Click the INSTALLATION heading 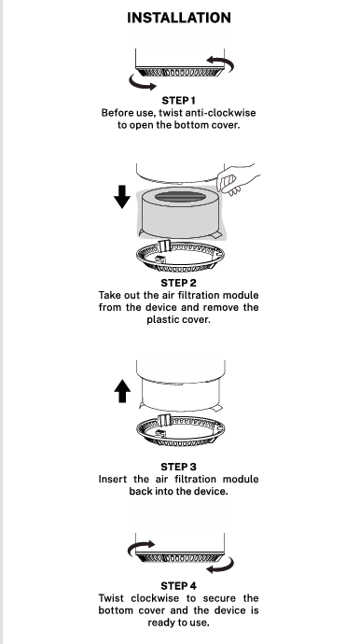pyautogui.click(x=179, y=18)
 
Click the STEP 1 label pyautogui.click(x=178, y=101)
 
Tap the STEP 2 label pyautogui.click(x=178, y=283)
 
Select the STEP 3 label pyautogui.click(x=178, y=467)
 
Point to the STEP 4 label pyautogui.click(x=178, y=586)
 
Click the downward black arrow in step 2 pyautogui.click(x=122, y=197)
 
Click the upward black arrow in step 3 pyautogui.click(x=122, y=391)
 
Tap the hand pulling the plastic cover pyautogui.click(x=237, y=179)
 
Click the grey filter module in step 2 pyautogui.click(x=180, y=213)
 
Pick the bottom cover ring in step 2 pyautogui.click(x=180, y=257)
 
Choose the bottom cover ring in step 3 pyautogui.click(x=181, y=431)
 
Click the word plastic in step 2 pyautogui.click(x=161, y=319)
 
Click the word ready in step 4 pyautogui.click(x=160, y=623)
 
